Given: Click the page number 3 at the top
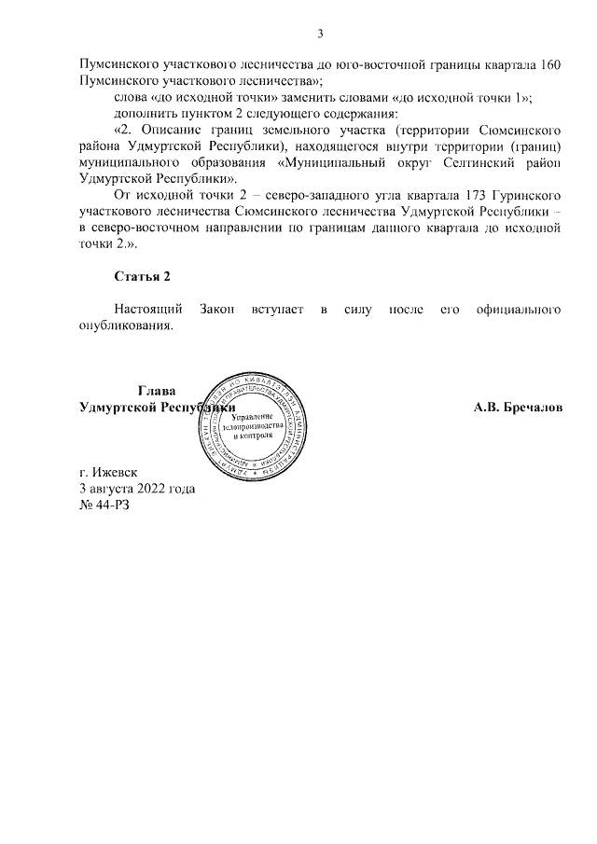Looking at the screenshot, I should [x=320, y=35].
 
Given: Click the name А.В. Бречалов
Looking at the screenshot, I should [x=518, y=408].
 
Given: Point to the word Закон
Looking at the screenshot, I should [x=219, y=308].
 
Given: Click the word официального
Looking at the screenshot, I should [x=519, y=308].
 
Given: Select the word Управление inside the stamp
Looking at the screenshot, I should [x=254, y=414].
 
